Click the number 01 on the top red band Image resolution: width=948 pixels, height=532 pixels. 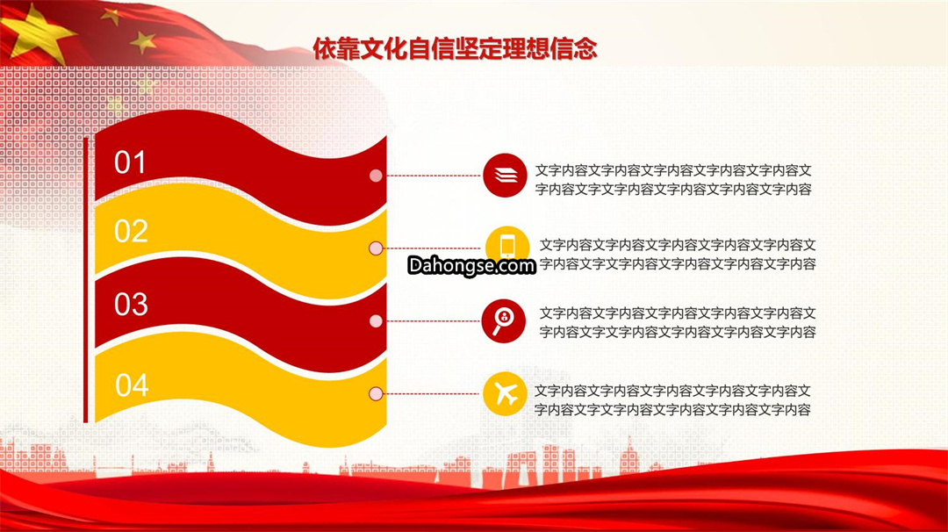(130, 162)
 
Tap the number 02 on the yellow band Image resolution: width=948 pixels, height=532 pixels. (131, 231)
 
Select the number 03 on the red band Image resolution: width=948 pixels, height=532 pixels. (131, 304)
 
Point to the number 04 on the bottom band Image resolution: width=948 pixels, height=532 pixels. (132, 385)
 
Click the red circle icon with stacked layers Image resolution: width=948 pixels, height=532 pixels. (505, 176)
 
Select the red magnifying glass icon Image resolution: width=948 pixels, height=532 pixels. (504, 321)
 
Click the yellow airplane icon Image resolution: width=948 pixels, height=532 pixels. (505, 394)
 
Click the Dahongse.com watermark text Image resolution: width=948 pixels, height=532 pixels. (471, 265)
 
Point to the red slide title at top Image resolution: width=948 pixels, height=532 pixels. (455, 48)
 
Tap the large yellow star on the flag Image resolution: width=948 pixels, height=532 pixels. (36, 33)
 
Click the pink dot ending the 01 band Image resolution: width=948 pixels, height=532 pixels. (376, 176)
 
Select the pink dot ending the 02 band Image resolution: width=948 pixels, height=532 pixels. (376, 248)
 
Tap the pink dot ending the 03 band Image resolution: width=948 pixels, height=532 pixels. (376, 321)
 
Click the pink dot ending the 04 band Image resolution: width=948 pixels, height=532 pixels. (376, 393)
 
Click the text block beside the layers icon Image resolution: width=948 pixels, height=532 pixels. (673, 180)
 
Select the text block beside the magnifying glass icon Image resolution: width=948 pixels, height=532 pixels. (678, 322)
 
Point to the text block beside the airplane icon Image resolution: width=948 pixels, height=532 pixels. (673, 400)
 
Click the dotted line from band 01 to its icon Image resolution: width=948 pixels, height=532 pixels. (432, 176)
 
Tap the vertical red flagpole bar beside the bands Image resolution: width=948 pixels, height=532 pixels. (86, 279)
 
